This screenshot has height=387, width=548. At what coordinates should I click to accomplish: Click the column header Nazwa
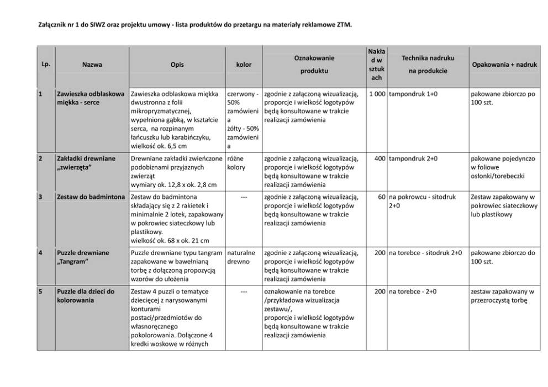(91, 65)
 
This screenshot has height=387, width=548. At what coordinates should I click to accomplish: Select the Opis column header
(177, 65)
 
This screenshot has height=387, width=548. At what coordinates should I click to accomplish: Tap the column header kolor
(243, 65)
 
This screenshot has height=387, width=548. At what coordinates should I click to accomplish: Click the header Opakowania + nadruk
(504, 65)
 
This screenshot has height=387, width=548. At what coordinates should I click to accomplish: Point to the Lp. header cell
(46, 64)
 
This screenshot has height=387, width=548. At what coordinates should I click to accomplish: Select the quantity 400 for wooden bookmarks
(380, 159)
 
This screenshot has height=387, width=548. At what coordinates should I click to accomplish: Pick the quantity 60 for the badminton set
(382, 197)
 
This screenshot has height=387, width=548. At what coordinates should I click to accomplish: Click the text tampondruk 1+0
(413, 94)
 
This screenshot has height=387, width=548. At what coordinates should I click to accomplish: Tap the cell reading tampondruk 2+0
(413, 159)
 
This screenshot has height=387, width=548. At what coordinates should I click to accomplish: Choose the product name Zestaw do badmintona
(92, 197)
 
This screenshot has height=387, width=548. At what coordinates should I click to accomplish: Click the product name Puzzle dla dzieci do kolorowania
(86, 296)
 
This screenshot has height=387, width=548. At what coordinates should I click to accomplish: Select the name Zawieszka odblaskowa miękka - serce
(90, 98)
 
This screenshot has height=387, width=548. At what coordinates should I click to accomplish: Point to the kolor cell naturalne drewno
(241, 257)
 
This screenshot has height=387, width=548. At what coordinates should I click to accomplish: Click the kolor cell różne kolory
(236, 163)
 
